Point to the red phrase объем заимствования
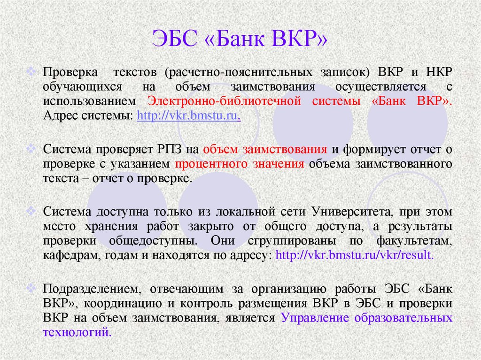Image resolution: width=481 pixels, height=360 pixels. pos(265,150)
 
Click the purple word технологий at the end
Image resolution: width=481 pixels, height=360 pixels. pos(78,332)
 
